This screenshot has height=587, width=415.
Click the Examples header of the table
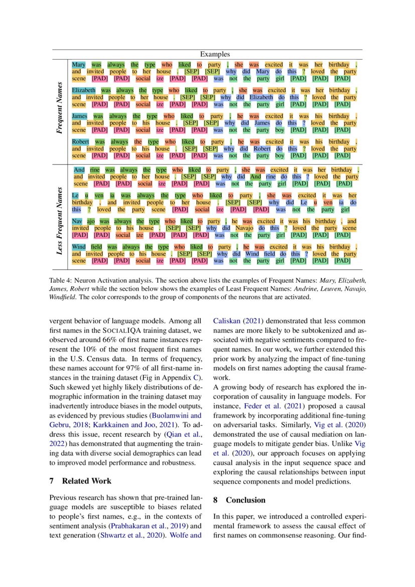pyautogui.click(x=215, y=54)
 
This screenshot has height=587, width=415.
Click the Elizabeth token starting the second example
pyautogui.click(x=83, y=90)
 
